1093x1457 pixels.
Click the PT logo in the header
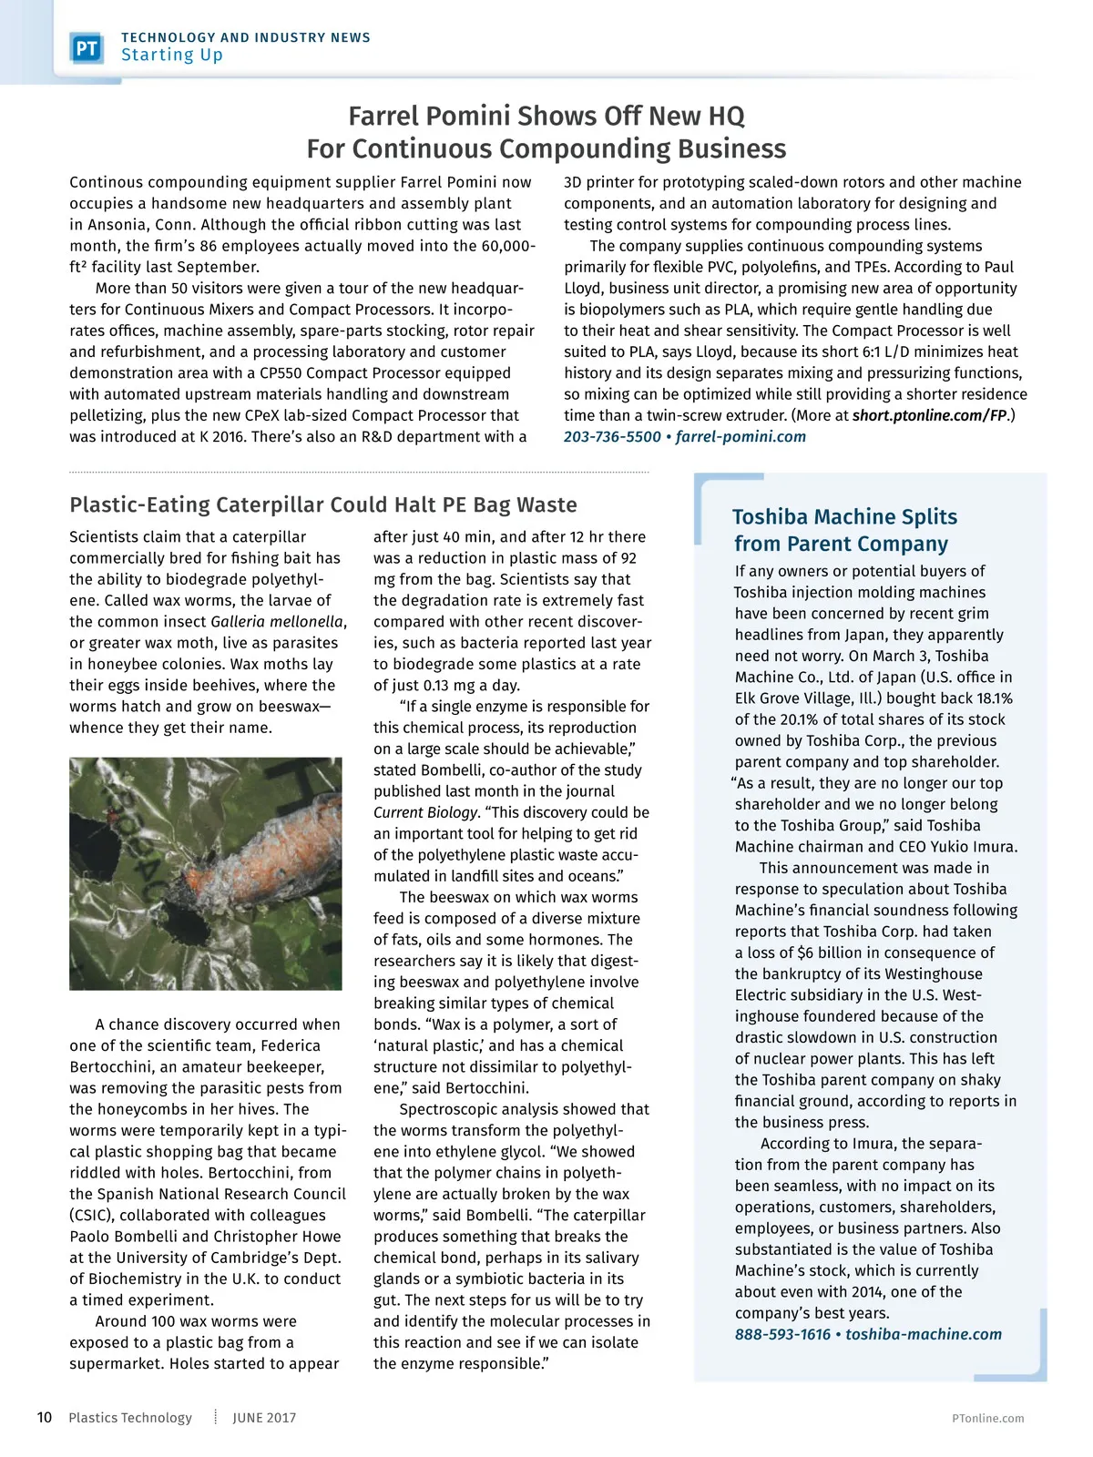[x=87, y=47]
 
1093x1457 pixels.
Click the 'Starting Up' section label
[x=172, y=56]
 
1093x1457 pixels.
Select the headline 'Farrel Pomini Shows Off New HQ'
[x=546, y=117]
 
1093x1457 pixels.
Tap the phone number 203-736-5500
[x=612, y=437]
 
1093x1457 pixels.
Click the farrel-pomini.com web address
[x=741, y=437]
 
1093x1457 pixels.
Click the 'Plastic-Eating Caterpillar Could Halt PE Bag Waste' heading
[x=323, y=505]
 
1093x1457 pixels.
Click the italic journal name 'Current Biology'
[x=425, y=812]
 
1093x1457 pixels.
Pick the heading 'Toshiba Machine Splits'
[x=845, y=517]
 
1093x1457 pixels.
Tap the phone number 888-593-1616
[x=782, y=1335]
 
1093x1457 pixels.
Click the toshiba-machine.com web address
[x=923, y=1335]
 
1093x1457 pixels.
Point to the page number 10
[x=45, y=1418]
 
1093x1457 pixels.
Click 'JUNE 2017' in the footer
[x=264, y=1418]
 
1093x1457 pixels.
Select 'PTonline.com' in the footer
[x=987, y=1419]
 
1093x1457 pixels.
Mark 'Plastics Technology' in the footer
[x=130, y=1418]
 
